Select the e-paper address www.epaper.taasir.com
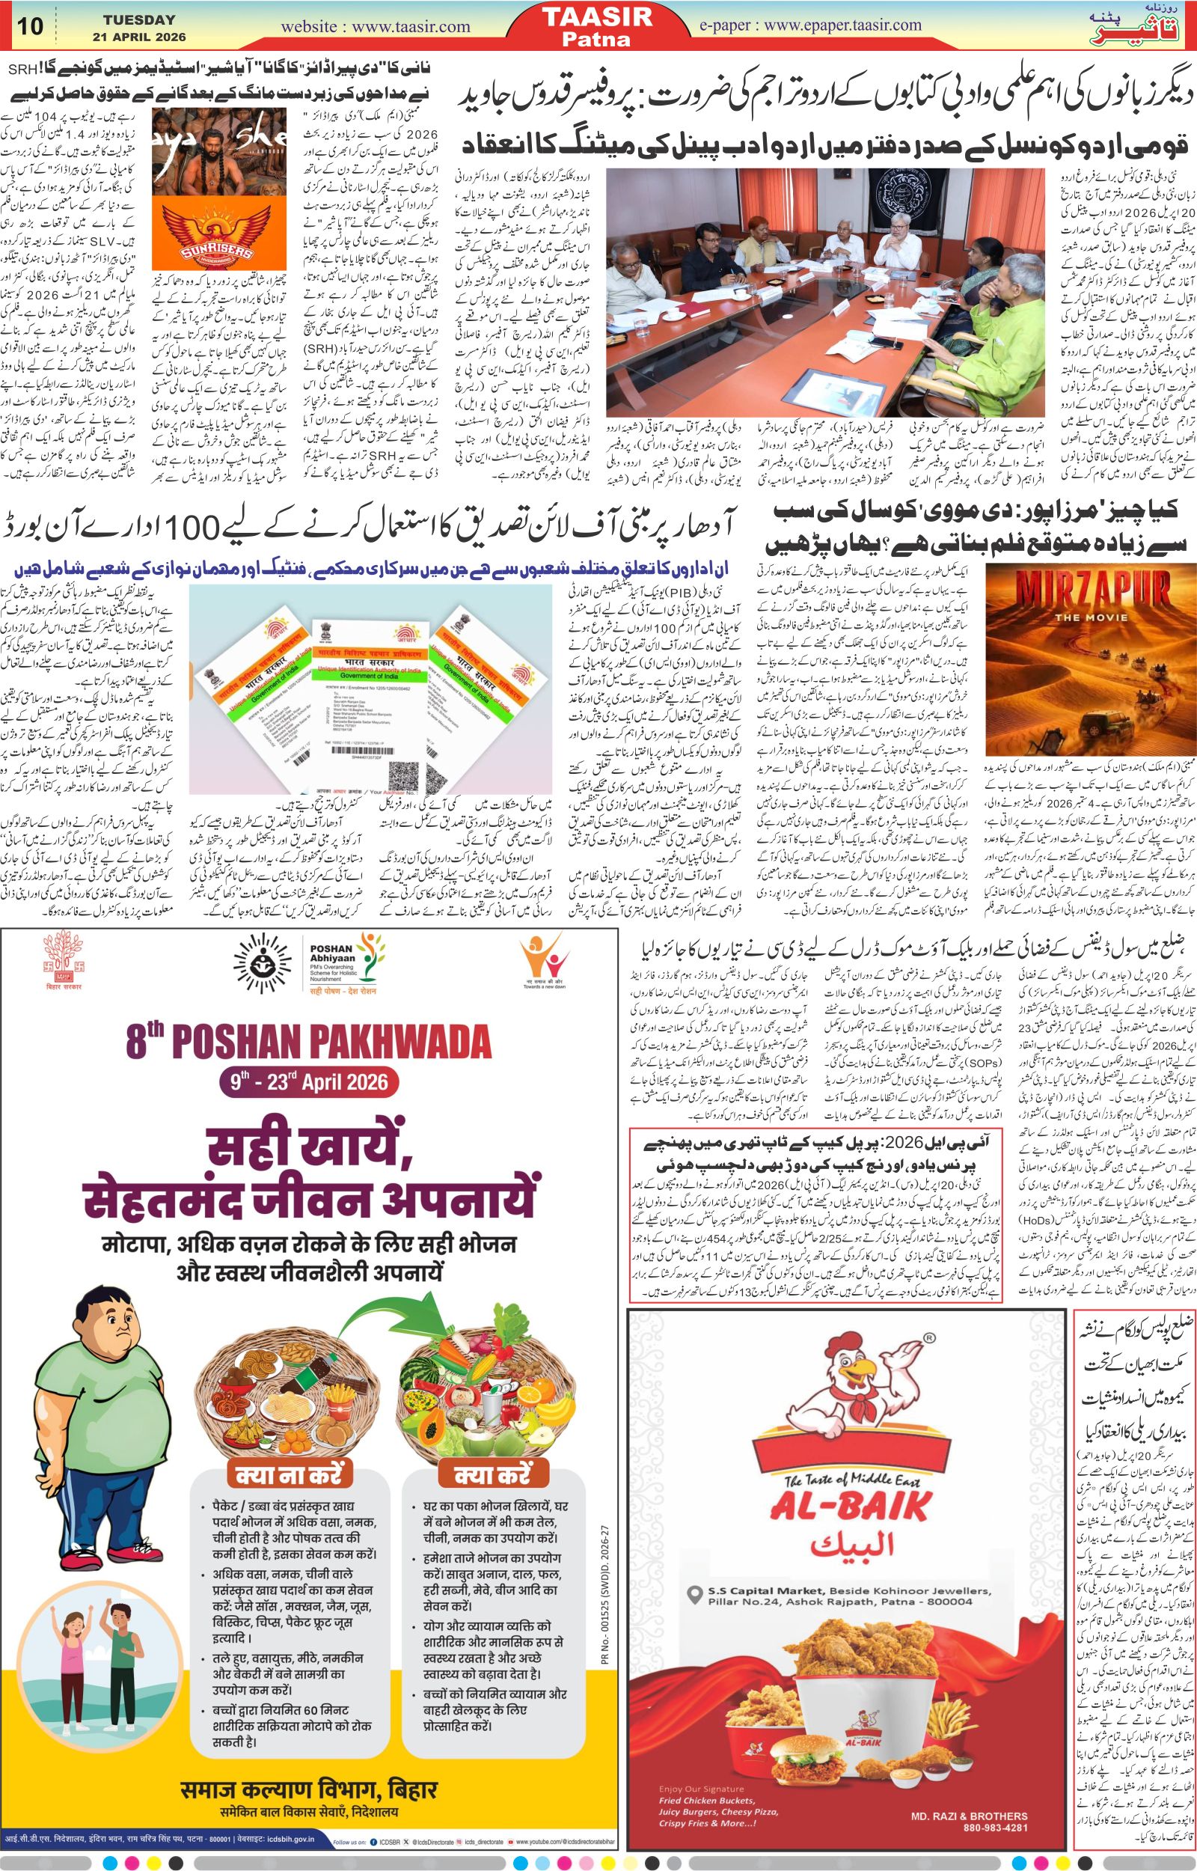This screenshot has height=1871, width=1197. pos(811,25)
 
